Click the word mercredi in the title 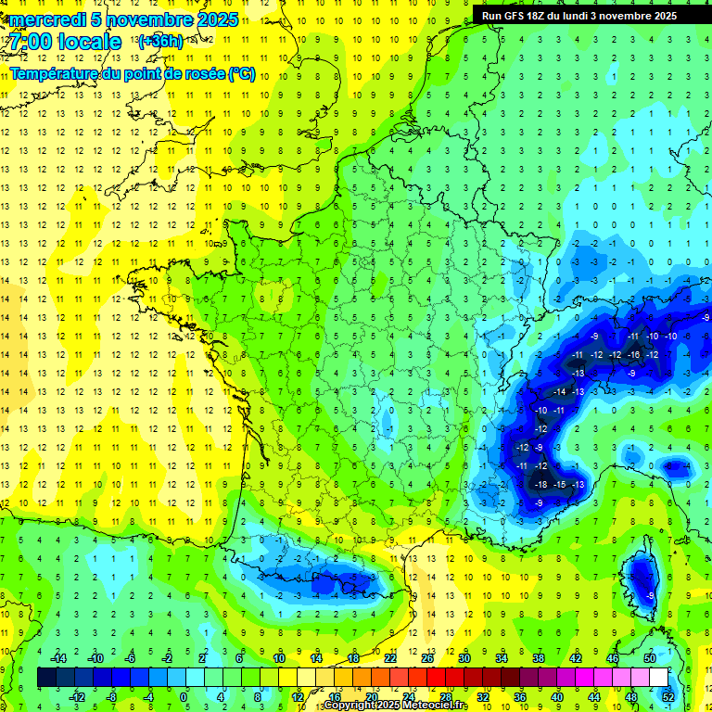pos(46,19)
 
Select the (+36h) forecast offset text pos(160,41)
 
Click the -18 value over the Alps pos(540,484)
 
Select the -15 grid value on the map pos(559,484)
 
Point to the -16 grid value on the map pos(633,354)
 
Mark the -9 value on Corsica pos(652,595)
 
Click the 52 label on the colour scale pos(668,697)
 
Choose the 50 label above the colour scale pos(650,657)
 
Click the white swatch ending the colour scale pos(658,678)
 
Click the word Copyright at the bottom pos(353,706)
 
